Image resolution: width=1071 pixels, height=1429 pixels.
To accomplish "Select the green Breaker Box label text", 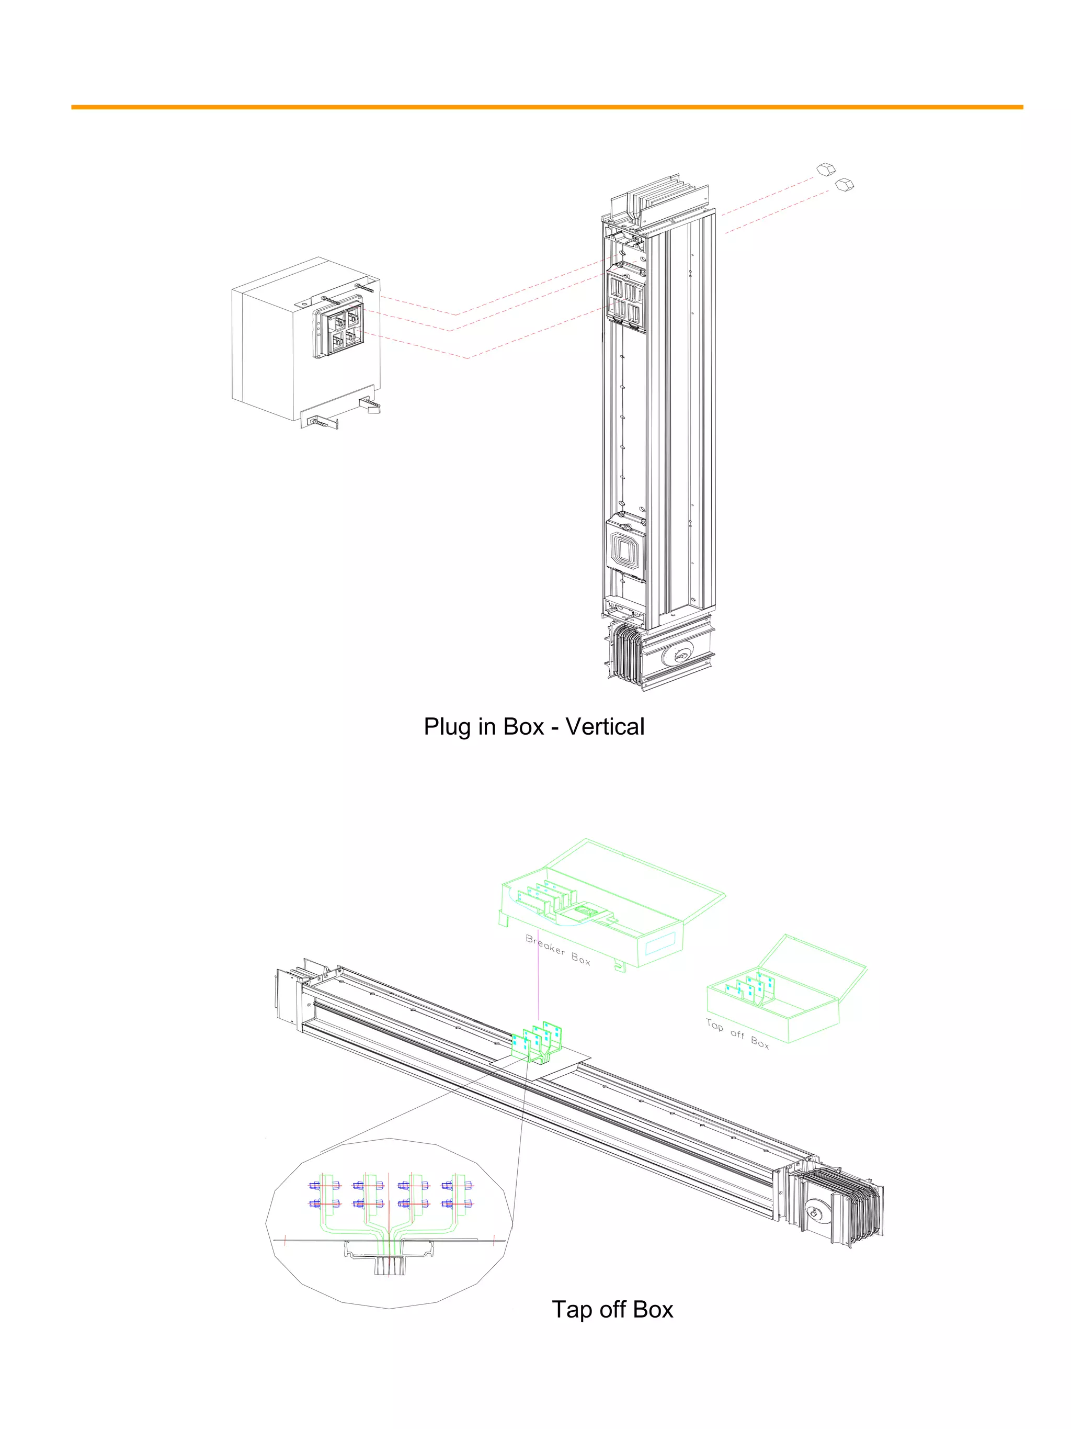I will tap(557, 950).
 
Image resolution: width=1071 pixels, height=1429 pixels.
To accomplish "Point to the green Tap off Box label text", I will tap(737, 1033).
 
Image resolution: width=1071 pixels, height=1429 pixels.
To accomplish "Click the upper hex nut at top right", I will tap(826, 169).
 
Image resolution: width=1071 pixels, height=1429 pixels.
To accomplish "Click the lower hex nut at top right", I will tap(844, 185).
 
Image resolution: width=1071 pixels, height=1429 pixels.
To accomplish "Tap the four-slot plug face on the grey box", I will tap(344, 330).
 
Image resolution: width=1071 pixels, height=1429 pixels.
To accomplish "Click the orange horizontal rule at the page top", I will tap(546, 107).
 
